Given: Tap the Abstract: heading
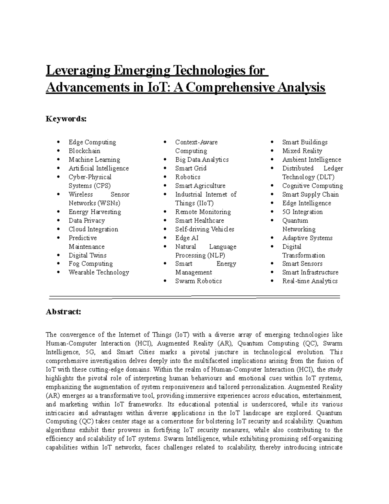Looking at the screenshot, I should pos(63,312).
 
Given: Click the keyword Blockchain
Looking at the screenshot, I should pos(84,151).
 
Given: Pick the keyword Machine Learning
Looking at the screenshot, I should pos(94,160).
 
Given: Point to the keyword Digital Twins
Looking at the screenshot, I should pos(88,255).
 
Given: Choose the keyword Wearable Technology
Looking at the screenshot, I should pos(99,273).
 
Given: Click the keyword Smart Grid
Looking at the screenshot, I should pos(191,168).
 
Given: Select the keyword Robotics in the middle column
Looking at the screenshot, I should pos(188,177).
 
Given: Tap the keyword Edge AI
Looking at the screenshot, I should pos(187,238).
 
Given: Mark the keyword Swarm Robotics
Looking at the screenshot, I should pos(198,281).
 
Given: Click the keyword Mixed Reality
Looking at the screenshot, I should pos(302,151).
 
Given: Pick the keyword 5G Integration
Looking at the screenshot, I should pos(302,212).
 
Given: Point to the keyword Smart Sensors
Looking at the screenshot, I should pos(302,264).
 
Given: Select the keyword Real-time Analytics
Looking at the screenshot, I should pos(310,281).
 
